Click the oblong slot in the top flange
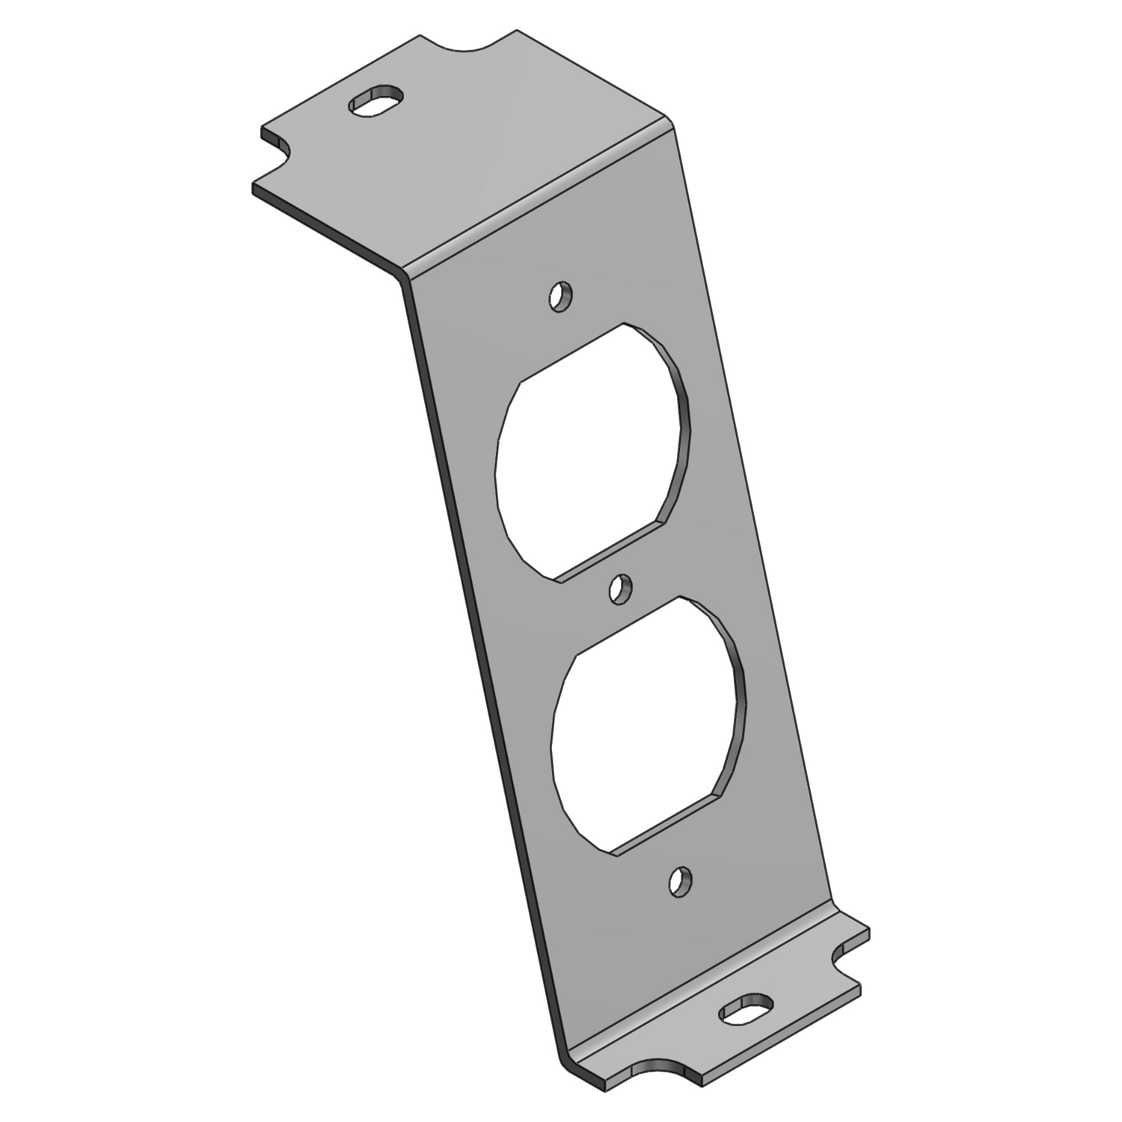point(375,101)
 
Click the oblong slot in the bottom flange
point(745,1010)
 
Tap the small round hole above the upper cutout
point(561,296)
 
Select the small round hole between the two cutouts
point(620,590)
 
